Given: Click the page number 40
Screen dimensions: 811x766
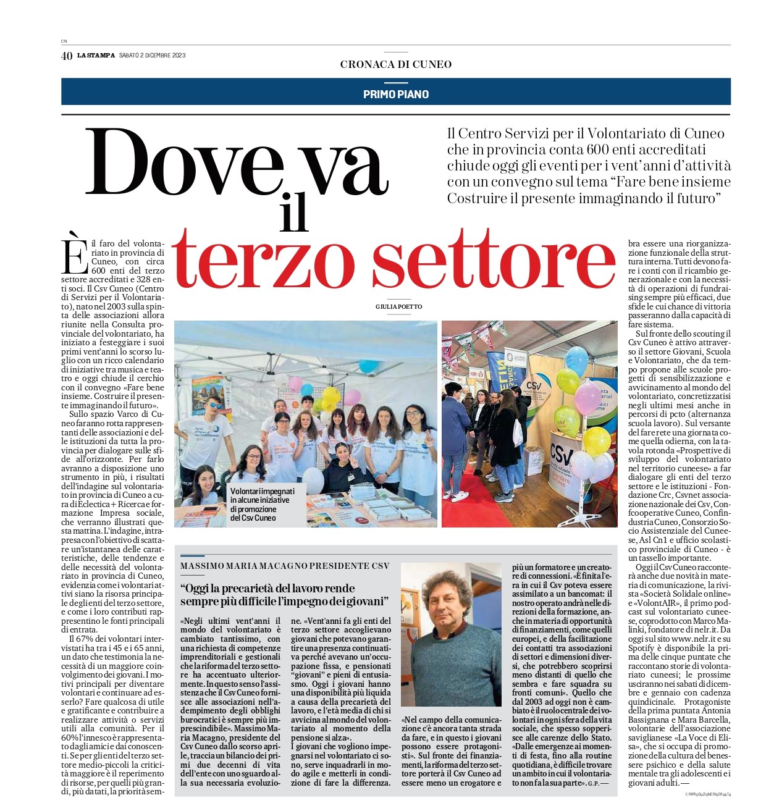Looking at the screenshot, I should click(x=67, y=56).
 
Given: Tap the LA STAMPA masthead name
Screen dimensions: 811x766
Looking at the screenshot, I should click(x=96, y=56).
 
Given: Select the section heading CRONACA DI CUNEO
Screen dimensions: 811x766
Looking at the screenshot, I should click(x=396, y=64).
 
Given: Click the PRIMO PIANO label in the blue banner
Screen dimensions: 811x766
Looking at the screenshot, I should click(x=396, y=95).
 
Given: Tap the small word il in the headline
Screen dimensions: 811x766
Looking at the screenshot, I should click(x=293, y=213).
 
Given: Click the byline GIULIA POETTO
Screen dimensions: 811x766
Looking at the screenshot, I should click(x=399, y=307).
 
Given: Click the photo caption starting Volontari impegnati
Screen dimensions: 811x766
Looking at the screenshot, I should click(x=263, y=505).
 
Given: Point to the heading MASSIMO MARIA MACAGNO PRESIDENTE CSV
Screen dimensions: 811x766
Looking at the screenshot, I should click(x=285, y=566).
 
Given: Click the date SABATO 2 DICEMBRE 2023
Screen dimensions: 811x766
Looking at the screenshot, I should click(x=152, y=56).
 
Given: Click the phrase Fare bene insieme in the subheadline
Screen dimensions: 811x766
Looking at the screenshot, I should click(x=671, y=182).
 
